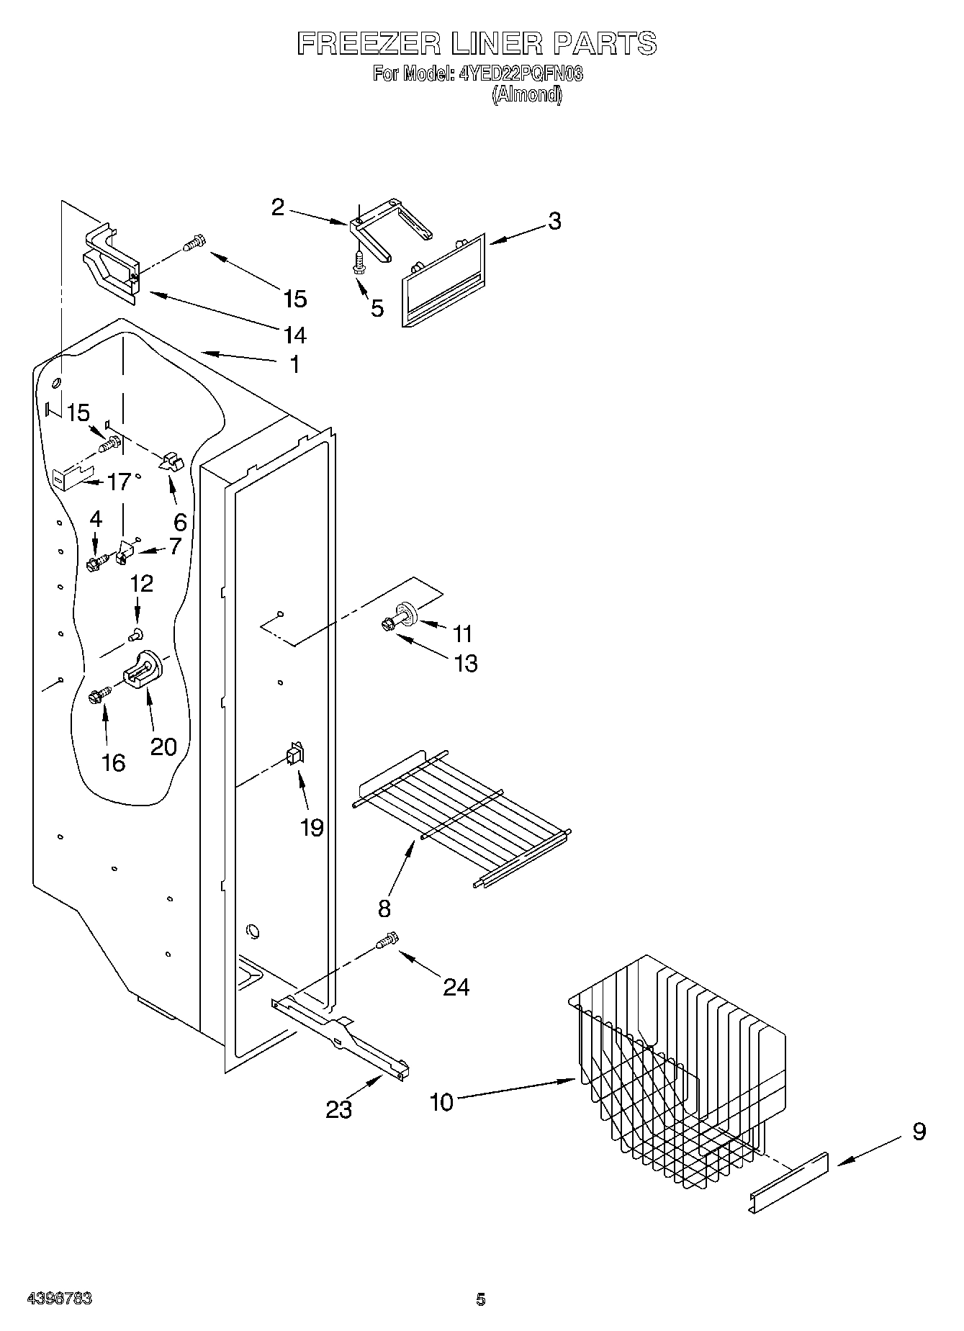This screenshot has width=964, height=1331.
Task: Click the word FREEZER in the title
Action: [x=369, y=44]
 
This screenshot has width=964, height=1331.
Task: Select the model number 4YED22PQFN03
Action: [x=521, y=73]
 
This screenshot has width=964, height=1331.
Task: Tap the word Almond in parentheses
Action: [x=526, y=95]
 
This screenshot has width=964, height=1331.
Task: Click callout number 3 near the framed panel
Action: [x=554, y=221]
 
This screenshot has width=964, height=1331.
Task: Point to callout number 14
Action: [x=295, y=335]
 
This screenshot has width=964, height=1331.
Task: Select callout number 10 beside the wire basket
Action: [x=441, y=1101]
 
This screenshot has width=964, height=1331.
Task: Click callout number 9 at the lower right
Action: [x=919, y=1132]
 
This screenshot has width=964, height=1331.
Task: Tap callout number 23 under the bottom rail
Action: [x=338, y=1110]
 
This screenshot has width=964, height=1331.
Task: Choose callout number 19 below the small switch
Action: [x=312, y=828]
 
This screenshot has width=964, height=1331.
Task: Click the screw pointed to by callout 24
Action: [x=387, y=940]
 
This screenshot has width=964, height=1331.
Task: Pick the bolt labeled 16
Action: [x=99, y=695]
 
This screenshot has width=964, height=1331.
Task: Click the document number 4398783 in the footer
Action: [x=59, y=1299]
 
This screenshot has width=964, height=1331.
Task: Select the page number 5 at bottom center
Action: [x=481, y=1299]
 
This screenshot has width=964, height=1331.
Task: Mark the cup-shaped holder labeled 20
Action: [x=144, y=670]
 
